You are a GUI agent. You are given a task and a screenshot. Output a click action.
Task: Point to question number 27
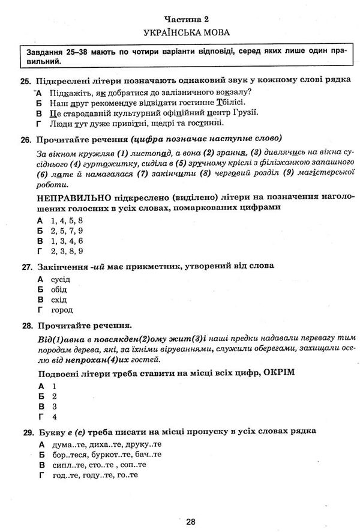click(x=25, y=265)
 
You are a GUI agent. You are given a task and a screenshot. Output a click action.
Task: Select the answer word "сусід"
click(x=61, y=279)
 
